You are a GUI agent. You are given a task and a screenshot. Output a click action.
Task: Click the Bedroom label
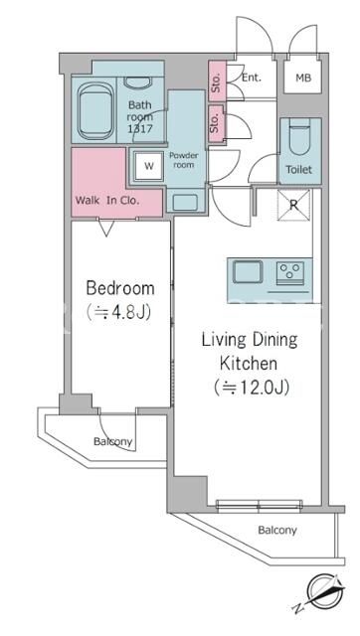120,288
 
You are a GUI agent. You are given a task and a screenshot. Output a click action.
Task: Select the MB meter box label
303,78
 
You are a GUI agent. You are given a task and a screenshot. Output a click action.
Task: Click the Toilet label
299,170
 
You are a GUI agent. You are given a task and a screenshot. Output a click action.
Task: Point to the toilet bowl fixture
300,139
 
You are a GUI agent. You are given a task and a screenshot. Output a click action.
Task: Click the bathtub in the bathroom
95,110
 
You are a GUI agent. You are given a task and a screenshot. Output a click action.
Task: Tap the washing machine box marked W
149,166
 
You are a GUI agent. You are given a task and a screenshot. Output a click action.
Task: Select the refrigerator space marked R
293,206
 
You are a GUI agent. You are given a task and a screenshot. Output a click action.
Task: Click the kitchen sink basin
248,271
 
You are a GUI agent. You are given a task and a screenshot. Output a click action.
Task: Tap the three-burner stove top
290,270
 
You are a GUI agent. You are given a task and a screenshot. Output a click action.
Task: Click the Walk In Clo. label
107,201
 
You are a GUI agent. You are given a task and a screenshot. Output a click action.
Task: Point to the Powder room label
183,160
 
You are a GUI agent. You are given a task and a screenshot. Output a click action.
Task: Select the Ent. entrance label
252,78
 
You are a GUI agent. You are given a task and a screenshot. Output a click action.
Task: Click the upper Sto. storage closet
217,81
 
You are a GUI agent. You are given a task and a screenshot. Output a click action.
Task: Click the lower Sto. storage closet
217,123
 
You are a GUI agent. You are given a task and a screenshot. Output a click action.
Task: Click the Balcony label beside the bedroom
112,441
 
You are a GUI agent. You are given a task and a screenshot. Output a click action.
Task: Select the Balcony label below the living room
277,530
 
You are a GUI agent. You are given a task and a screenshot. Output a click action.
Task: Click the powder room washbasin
185,203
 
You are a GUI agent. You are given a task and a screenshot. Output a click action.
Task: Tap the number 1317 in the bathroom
140,129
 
